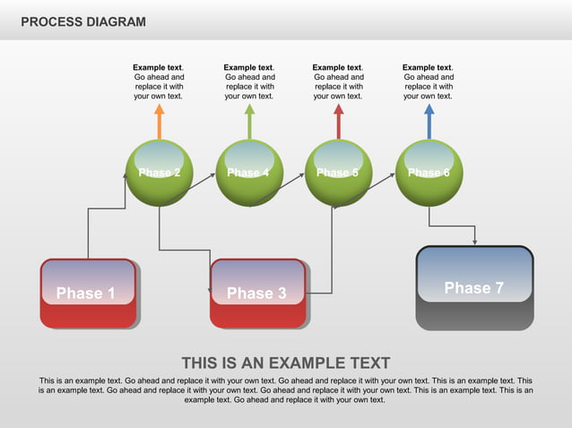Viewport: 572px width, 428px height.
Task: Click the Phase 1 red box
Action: (88, 293)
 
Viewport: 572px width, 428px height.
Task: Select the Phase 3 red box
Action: (257, 293)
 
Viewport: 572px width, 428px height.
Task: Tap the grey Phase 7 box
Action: (474, 287)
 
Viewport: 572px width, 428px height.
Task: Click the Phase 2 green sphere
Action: (160, 173)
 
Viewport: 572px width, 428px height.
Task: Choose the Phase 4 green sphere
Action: (249, 173)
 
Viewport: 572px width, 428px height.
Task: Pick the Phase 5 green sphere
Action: (338, 173)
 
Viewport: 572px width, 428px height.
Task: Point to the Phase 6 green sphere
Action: (429, 173)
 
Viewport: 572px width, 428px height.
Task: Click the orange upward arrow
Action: (159, 121)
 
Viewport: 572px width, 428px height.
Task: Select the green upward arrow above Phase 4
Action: (249, 121)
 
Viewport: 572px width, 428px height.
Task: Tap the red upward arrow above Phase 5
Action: (338, 121)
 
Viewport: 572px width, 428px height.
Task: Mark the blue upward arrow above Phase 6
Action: (429, 121)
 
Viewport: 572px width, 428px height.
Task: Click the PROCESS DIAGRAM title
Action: (82, 21)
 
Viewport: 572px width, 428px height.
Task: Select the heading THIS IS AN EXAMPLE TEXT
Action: (286, 363)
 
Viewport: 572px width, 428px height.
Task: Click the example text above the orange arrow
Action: (159, 81)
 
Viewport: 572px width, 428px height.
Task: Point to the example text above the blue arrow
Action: (429, 81)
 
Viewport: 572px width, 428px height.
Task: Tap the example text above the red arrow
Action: (338, 81)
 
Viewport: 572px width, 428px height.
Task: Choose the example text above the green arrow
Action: (249, 81)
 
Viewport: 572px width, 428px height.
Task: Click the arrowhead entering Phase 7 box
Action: (474, 241)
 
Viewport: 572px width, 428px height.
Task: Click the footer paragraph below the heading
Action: (286, 390)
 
